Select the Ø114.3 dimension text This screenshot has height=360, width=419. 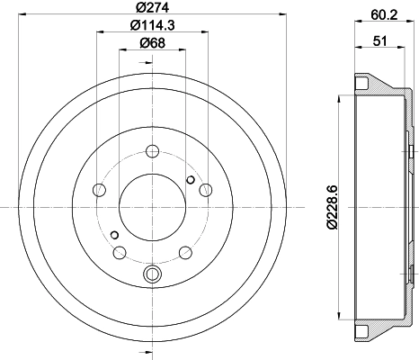click(151, 25)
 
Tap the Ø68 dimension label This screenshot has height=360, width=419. click(151, 43)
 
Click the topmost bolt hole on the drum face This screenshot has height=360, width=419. click(151, 150)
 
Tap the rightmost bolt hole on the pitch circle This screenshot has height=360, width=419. click(206, 190)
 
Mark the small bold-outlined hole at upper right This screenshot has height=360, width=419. click(190, 180)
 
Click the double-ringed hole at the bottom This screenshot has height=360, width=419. click(151, 274)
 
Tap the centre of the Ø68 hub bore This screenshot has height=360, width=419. click(151, 208)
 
